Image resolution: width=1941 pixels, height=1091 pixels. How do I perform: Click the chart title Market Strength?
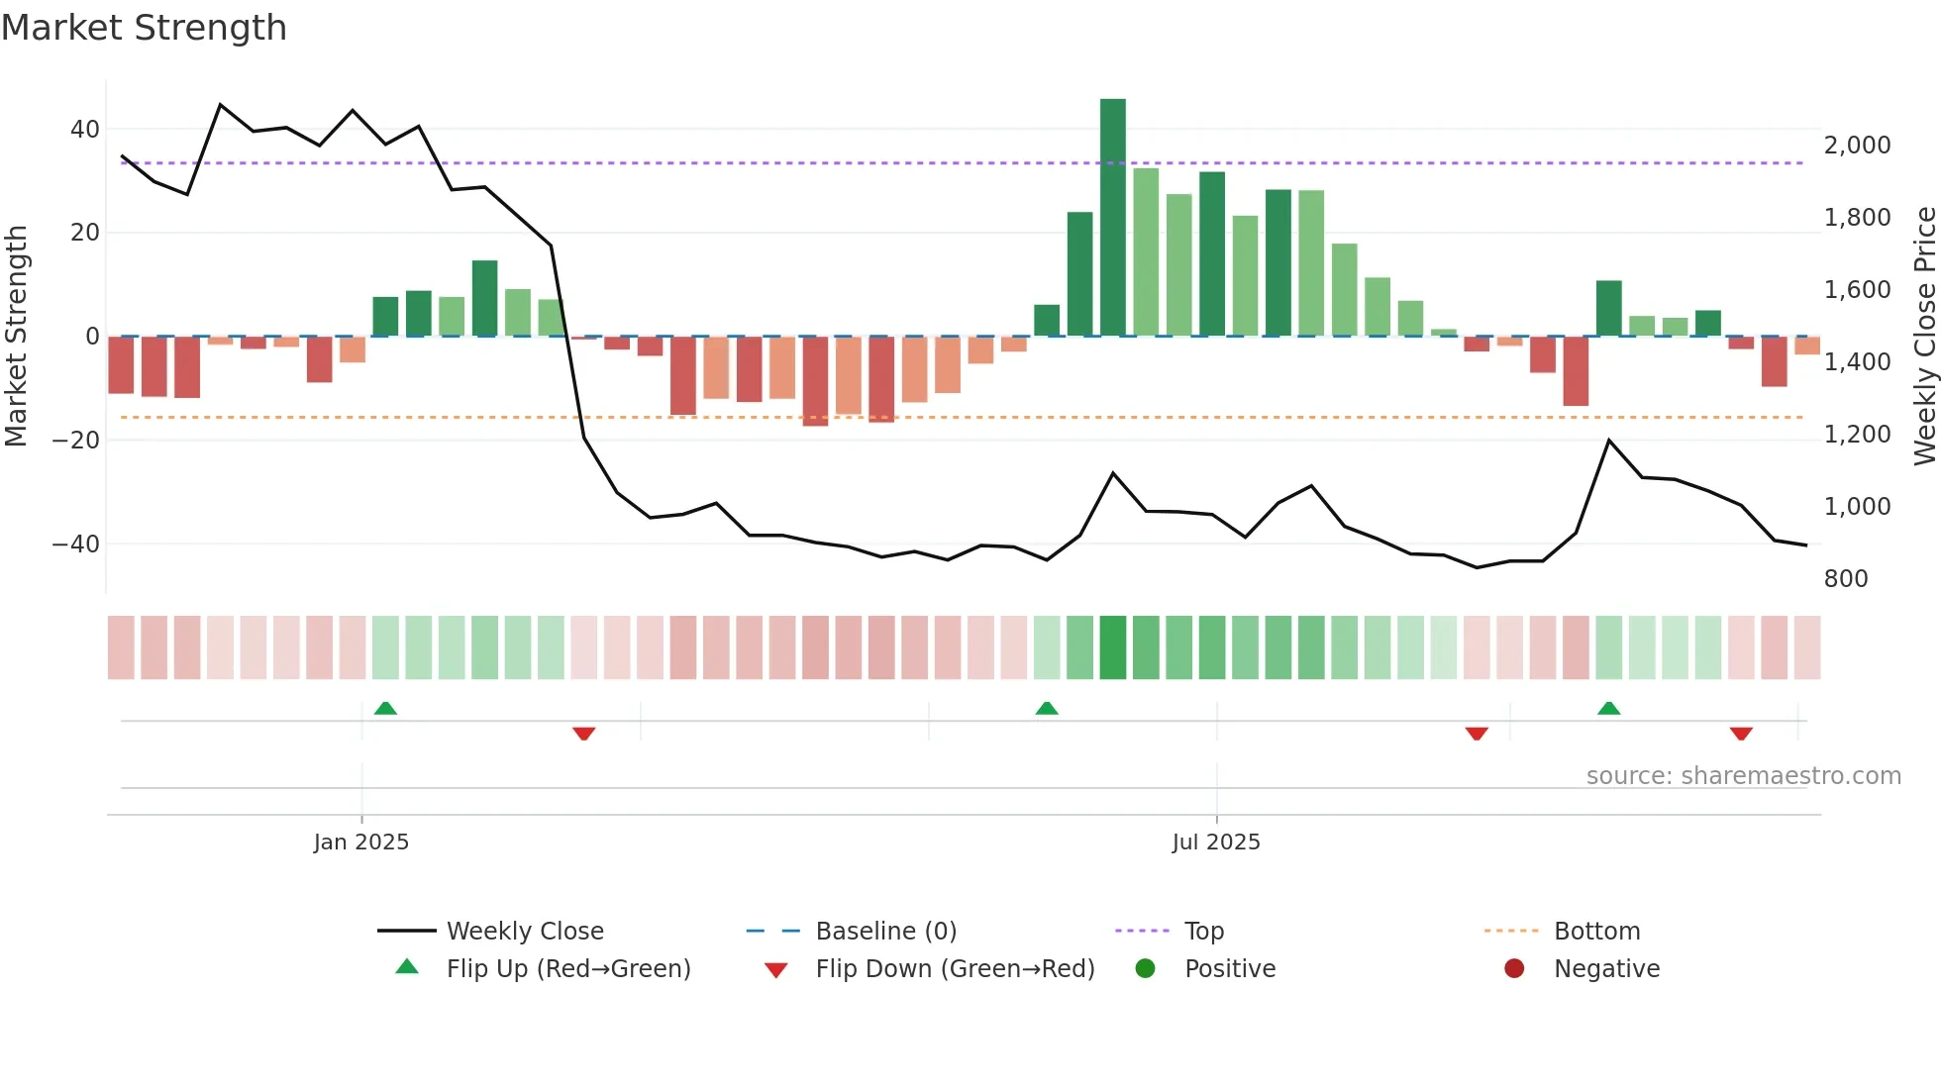(144, 28)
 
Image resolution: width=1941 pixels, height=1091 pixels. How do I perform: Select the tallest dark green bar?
(1112, 218)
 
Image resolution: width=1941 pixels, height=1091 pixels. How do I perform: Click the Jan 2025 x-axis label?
(360, 842)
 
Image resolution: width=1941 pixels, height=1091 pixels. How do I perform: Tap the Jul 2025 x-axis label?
(1215, 842)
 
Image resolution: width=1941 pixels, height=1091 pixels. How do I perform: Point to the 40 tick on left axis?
(85, 129)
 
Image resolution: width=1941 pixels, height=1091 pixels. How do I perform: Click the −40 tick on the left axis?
(76, 544)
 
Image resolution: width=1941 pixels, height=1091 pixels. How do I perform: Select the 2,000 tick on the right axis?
(1857, 145)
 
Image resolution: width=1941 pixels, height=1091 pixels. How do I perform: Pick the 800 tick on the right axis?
(1845, 578)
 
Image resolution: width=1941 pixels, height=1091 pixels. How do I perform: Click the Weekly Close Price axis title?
(1924, 336)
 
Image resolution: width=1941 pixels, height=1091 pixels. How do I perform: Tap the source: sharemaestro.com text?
(1743, 775)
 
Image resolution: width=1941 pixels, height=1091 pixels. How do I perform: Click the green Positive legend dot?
(1145, 968)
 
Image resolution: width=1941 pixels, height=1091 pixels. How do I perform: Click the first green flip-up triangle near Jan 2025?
(385, 708)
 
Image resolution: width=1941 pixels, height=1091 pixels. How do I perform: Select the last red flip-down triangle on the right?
(1741, 734)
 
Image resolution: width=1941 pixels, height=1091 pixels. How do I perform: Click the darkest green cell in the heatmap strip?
(1112, 646)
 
